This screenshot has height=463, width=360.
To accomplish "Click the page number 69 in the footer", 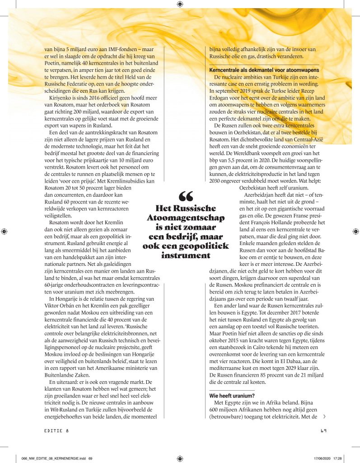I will coord(323,430).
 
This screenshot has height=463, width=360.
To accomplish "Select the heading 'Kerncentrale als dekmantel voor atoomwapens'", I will coord(264,70).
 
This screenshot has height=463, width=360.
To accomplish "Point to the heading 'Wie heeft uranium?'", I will coord(232,395).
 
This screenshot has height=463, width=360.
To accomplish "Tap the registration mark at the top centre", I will coord(180,4).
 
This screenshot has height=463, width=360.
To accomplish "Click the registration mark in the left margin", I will coord(4,231).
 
